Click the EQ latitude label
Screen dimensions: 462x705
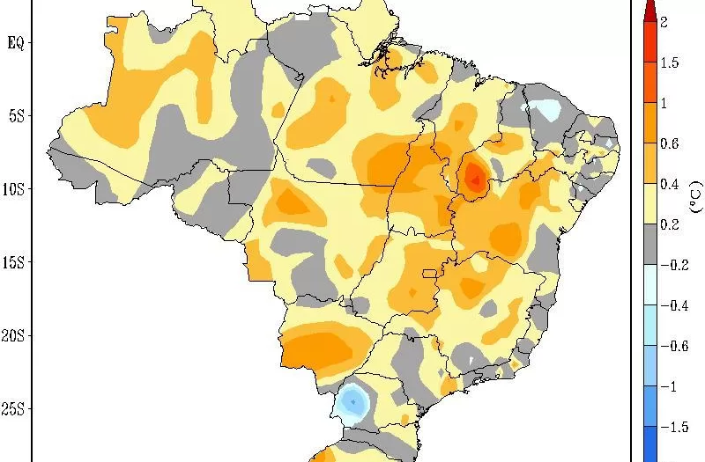click(x=15, y=41)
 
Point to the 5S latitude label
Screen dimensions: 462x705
click(x=15, y=115)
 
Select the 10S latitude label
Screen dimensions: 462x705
click(x=15, y=189)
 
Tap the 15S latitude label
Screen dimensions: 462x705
click(x=15, y=262)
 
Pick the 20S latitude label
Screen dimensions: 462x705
click(x=15, y=335)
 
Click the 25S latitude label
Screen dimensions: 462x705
click(x=15, y=408)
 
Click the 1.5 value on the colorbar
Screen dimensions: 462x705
click(x=669, y=62)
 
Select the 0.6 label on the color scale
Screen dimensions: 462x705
click(x=669, y=143)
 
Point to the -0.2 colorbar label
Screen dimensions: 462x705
click(x=673, y=265)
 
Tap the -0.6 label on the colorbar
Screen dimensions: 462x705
click(x=673, y=346)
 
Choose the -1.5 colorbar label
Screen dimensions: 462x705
click(x=673, y=427)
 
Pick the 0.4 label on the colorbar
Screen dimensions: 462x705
click(x=669, y=184)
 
